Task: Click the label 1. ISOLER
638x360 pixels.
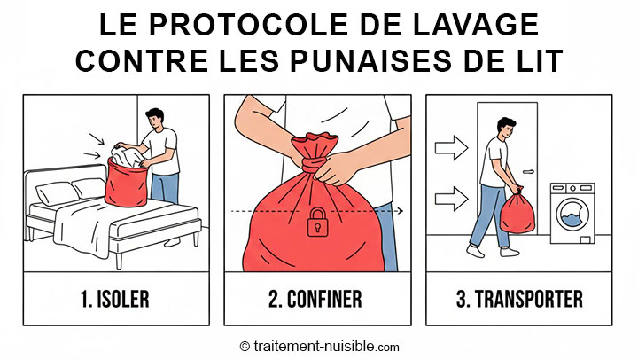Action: tap(115, 299)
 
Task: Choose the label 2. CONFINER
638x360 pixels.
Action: tap(315, 299)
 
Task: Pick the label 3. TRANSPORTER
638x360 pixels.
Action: tap(519, 299)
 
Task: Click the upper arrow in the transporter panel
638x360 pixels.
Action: tap(451, 147)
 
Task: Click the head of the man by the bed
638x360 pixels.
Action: tap(156, 118)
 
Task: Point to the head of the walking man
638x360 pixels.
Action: tap(505, 129)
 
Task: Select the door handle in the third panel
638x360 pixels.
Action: tap(529, 172)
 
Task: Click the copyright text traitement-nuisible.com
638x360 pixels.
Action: tap(319, 347)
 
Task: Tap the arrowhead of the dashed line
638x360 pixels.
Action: tap(401, 211)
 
